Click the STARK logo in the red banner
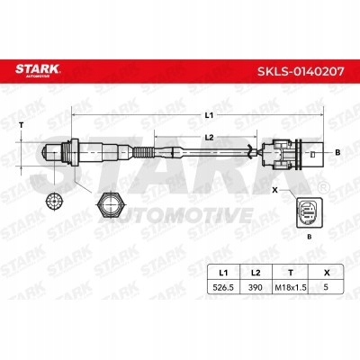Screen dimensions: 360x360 coord(38,70)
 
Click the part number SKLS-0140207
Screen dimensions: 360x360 coord(301,71)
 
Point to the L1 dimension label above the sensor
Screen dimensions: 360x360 coord(209,115)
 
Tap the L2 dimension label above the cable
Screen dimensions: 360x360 coord(209,138)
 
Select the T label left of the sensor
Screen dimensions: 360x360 coord(21,125)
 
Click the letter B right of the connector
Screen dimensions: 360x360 coord(337,152)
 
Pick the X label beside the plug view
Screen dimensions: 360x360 coord(274,190)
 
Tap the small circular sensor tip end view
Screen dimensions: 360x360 coord(54,201)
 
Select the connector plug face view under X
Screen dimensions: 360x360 coord(307,212)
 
